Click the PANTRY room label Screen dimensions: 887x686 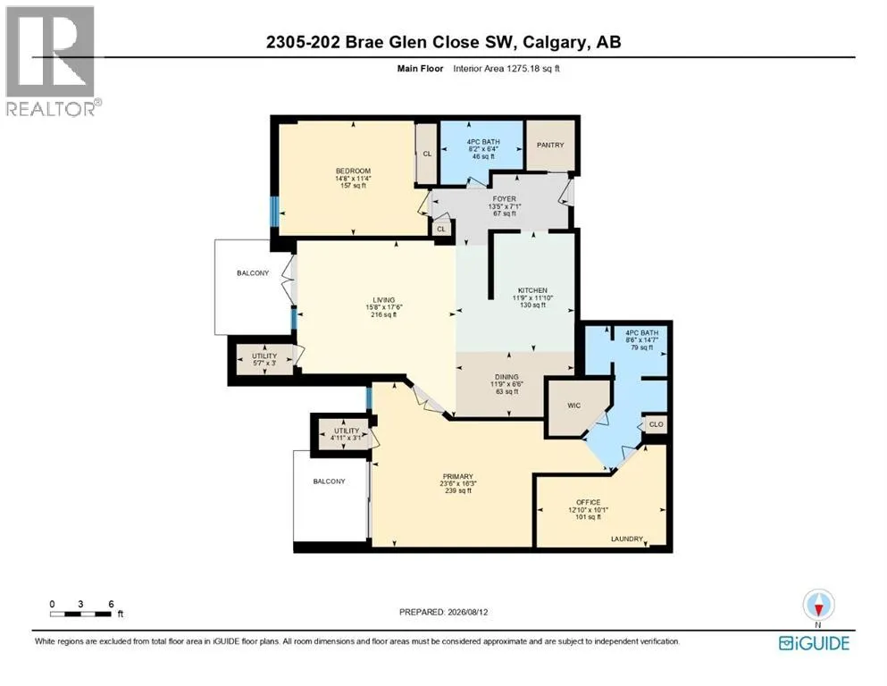click(550, 145)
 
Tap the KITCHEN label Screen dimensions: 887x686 click(532, 290)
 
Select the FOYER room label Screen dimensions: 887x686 click(504, 198)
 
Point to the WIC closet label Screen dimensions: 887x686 click(573, 406)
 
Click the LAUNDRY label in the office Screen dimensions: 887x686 click(627, 539)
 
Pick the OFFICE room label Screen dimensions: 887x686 click(589, 502)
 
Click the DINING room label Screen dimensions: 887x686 click(506, 377)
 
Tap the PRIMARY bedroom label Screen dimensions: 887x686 click(457, 477)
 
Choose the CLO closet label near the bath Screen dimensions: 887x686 click(656, 424)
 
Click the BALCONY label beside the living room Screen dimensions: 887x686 click(253, 273)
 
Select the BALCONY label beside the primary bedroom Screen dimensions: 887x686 click(329, 481)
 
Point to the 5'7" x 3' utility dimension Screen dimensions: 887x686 click(264, 363)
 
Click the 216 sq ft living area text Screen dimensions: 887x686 click(383, 315)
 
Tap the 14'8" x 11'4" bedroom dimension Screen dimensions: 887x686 click(353, 178)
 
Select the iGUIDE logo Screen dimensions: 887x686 click(814, 644)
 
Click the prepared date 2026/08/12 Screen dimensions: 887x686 click(468, 612)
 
